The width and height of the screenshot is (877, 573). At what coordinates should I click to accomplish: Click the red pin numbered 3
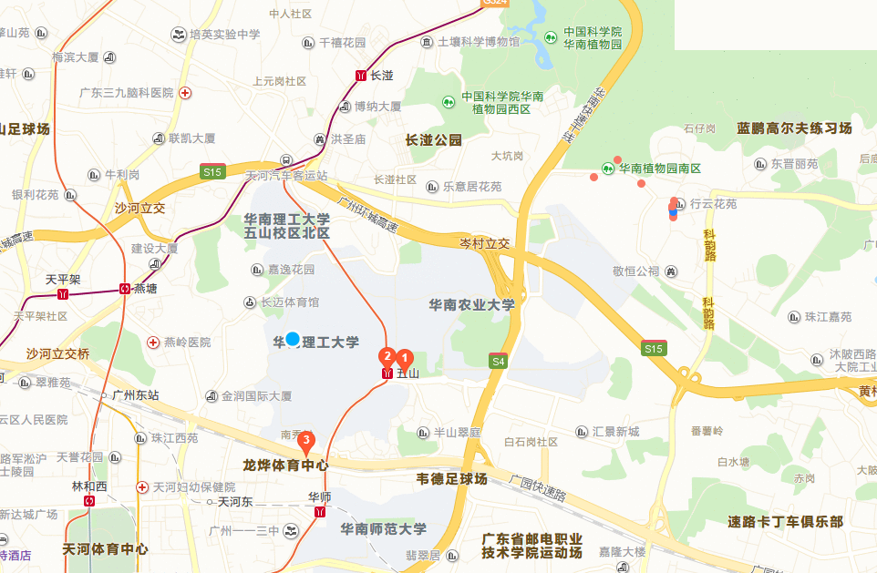307,442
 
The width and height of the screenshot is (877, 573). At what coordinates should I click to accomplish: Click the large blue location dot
292,340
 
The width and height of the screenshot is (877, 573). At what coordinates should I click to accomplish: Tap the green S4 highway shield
498,361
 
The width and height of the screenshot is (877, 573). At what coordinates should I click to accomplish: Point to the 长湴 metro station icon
362,77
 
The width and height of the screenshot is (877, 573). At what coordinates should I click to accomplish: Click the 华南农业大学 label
471,304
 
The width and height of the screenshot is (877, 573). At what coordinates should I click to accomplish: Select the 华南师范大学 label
383,528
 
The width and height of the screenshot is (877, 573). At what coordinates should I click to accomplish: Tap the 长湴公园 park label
434,140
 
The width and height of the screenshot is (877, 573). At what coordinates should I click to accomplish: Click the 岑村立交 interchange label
484,244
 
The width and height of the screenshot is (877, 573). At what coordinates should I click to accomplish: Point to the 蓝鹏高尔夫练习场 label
794,128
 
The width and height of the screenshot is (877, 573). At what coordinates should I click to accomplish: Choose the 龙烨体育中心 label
285,465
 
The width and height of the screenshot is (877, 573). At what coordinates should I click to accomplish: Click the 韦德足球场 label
452,478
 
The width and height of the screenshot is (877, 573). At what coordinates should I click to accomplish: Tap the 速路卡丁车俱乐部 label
786,522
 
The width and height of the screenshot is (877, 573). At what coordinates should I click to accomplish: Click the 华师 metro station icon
319,513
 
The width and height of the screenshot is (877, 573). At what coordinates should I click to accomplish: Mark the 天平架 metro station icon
63,294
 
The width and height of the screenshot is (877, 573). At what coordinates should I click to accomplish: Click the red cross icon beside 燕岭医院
153,342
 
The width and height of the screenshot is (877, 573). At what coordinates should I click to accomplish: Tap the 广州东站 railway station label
134,394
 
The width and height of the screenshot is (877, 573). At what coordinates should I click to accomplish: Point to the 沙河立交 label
139,208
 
